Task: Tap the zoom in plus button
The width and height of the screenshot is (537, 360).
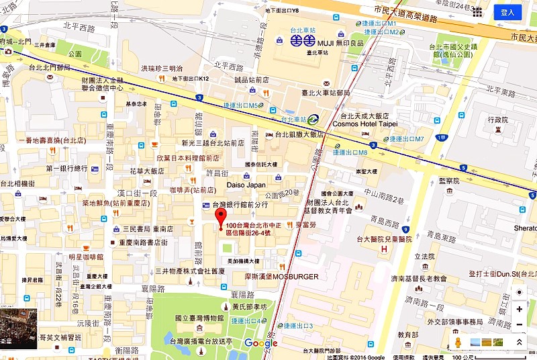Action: (519, 309)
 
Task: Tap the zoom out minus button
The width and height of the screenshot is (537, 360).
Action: (519, 325)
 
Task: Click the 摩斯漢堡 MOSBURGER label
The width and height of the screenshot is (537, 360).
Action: (280, 276)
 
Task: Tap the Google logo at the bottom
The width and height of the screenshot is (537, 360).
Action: (260, 343)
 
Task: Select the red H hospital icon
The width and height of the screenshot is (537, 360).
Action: (385, 250)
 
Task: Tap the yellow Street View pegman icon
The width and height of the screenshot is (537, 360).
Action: (458, 343)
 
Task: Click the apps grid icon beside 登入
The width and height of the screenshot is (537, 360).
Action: (477, 12)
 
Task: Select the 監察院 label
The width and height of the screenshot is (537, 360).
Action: (447, 181)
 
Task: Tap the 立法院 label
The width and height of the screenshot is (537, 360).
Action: (424, 257)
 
